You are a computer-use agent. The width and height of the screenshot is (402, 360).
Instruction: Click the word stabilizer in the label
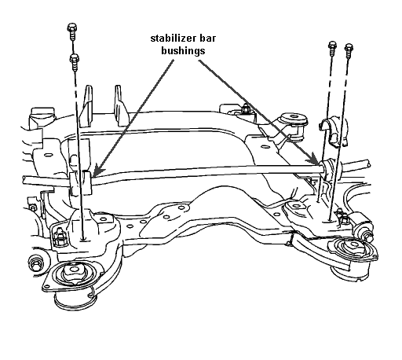(173, 39)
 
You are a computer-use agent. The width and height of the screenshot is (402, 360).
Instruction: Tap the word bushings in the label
(183, 51)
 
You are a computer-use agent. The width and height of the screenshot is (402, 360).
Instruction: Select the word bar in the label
(207, 39)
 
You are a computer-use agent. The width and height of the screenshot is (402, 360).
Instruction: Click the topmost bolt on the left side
(71, 31)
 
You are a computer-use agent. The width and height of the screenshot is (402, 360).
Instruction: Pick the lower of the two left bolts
(75, 62)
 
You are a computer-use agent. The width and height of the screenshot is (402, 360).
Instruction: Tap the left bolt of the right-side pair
(332, 48)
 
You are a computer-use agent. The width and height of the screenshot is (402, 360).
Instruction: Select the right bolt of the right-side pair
(349, 51)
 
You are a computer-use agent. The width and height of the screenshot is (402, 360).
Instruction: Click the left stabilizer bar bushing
(81, 182)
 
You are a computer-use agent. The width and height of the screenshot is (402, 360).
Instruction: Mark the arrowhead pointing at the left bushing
(97, 171)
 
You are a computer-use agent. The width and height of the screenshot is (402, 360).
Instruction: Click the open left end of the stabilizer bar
(24, 180)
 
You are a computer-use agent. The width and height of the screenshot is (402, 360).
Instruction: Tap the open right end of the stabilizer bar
(368, 163)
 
